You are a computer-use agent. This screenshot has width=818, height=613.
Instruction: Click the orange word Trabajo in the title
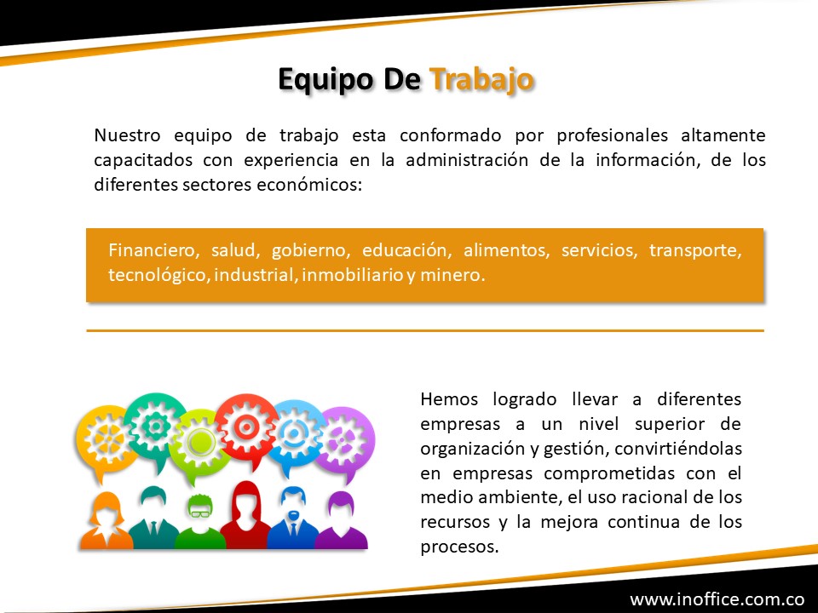pyautogui.click(x=481, y=80)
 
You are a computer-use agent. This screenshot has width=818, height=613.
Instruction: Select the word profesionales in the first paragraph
pyautogui.click(x=613, y=135)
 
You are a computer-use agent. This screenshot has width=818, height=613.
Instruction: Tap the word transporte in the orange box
pyautogui.click(x=695, y=250)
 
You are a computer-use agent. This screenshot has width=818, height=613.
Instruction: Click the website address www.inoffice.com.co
pyautogui.click(x=717, y=599)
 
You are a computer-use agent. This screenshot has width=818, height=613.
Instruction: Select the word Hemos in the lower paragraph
pyautogui.click(x=449, y=399)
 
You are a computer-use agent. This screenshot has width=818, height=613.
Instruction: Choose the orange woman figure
pyautogui.click(x=107, y=521)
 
